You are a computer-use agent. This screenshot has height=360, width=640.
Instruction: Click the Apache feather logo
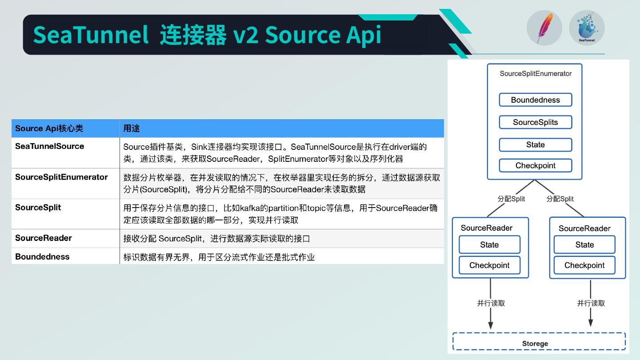click(x=544, y=28)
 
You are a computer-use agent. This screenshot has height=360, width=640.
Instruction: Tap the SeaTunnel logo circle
click(x=587, y=28)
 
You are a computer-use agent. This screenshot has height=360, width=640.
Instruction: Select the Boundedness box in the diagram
click(x=535, y=100)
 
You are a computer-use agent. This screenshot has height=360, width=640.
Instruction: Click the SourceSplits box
click(x=535, y=122)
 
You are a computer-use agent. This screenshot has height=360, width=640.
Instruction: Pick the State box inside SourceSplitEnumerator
click(x=535, y=145)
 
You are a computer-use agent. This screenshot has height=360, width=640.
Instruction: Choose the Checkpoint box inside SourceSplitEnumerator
click(x=535, y=165)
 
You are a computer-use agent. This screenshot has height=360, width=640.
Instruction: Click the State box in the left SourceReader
click(x=489, y=245)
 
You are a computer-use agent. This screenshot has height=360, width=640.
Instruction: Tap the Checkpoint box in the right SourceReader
click(x=584, y=265)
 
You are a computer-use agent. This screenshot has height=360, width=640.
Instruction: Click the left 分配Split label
click(x=511, y=199)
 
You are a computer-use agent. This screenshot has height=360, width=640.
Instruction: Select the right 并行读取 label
click(x=591, y=303)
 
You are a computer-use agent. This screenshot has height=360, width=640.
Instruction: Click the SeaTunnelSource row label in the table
click(x=49, y=146)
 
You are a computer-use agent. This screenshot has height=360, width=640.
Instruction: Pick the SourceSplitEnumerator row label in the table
click(x=61, y=177)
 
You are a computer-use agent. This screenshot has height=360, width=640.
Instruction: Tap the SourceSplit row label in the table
click(x=38, y=208)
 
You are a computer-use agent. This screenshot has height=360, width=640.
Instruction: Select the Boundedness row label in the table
click(x=42, y=256)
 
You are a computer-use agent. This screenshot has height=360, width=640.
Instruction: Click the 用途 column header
click(x=132, y=128)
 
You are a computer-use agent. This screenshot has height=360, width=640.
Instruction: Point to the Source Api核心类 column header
click(x=49, y=128)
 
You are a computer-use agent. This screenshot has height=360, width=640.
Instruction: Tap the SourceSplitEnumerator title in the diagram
click(x=536, y=74)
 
